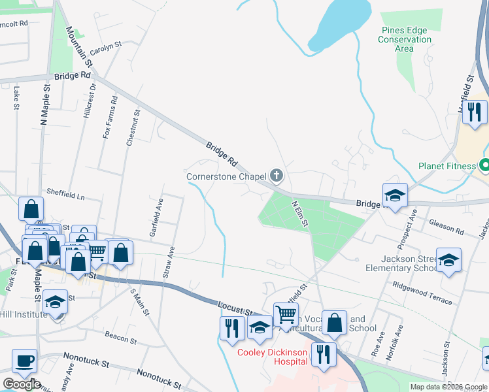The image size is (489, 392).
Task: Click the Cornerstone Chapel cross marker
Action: (x=277, y=175)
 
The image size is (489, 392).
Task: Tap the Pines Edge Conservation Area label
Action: (x=405, y=39)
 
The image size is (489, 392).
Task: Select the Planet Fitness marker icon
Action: (x=484, y=165)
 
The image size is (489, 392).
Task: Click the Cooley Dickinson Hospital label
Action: (x=272, y=356)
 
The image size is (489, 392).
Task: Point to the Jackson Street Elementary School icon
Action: (x=448, y=261)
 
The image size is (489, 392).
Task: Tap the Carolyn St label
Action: (x=107, y=48)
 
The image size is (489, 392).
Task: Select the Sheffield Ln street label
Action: (x=65, y=194)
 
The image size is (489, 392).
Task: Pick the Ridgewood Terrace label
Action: (x=422, y=293)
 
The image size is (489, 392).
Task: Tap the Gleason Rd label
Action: (x=447, y=227)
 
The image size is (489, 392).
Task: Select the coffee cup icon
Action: (x=25, y=361)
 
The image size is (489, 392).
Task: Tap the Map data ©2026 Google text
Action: (x=448, y=387)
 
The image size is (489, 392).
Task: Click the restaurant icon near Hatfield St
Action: (x=475, y=112)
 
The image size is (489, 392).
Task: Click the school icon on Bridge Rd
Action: (x=395, y=195)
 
